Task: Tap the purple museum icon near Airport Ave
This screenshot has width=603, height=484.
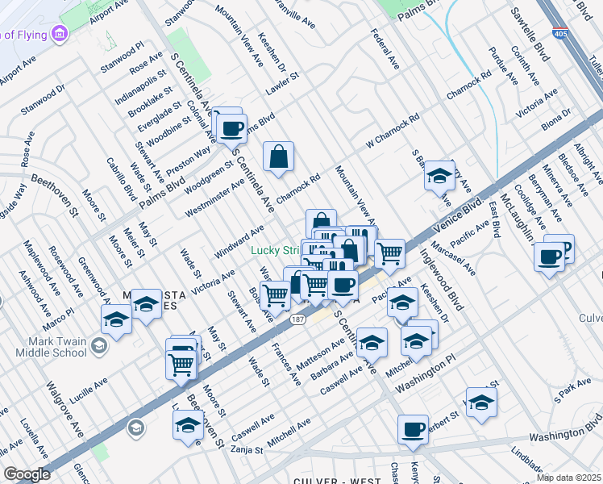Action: coord(58,34)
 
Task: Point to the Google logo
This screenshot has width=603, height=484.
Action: coord(27,474)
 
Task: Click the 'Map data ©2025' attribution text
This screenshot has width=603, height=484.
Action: coord(568,477)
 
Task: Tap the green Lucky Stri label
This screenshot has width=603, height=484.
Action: coord(274,251)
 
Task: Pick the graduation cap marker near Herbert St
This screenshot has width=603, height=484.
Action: coord(481,401)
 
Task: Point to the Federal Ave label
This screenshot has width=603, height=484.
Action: coord(385,48)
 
